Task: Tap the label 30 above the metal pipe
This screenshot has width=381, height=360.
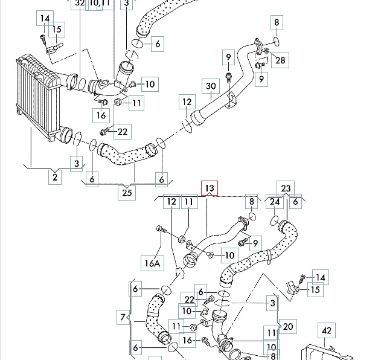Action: pos(211,87)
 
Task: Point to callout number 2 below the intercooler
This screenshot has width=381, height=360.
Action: pos(56,177)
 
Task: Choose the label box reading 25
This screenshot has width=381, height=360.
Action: pos(127,193)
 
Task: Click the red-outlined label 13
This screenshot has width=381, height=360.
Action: pos(209,188)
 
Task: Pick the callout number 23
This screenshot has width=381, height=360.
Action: pos(286,188)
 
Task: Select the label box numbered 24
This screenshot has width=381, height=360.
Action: pos(275,202)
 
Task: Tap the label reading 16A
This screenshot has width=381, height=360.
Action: pos(152,263)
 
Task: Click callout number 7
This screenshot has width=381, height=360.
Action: pos(124,317)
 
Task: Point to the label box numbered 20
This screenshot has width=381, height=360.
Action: pos(287,327)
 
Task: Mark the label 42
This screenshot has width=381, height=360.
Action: pos(327,331)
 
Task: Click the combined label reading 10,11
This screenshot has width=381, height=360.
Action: pos(100,4)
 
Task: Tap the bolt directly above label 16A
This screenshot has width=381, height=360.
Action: pos(159,230)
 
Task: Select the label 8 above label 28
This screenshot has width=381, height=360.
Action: pos(277,23)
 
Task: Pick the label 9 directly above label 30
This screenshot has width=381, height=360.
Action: pos(229,59)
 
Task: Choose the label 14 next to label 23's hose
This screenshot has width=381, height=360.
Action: pos(320,278)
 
